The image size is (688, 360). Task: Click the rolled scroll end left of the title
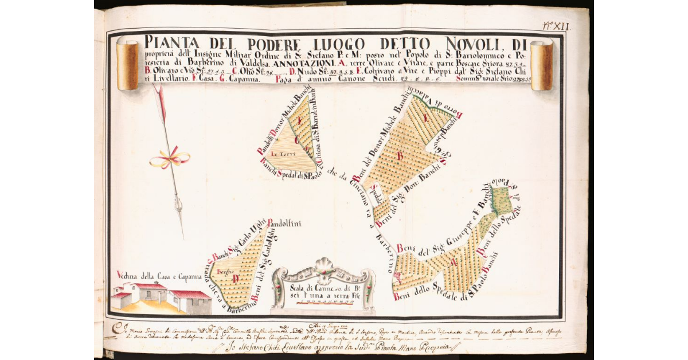click(x=127, y=65)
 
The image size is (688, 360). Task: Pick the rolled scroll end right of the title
click(x=541, y=65)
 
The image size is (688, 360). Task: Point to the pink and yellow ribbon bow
click(x=169, y=159)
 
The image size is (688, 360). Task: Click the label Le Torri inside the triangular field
click(x=282, y=154)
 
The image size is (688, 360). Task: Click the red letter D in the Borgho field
click(x=236, y=280)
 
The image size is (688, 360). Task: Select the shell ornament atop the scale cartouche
click(x=325, y=265)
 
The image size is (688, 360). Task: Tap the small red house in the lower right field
click(x=397, y=280)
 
